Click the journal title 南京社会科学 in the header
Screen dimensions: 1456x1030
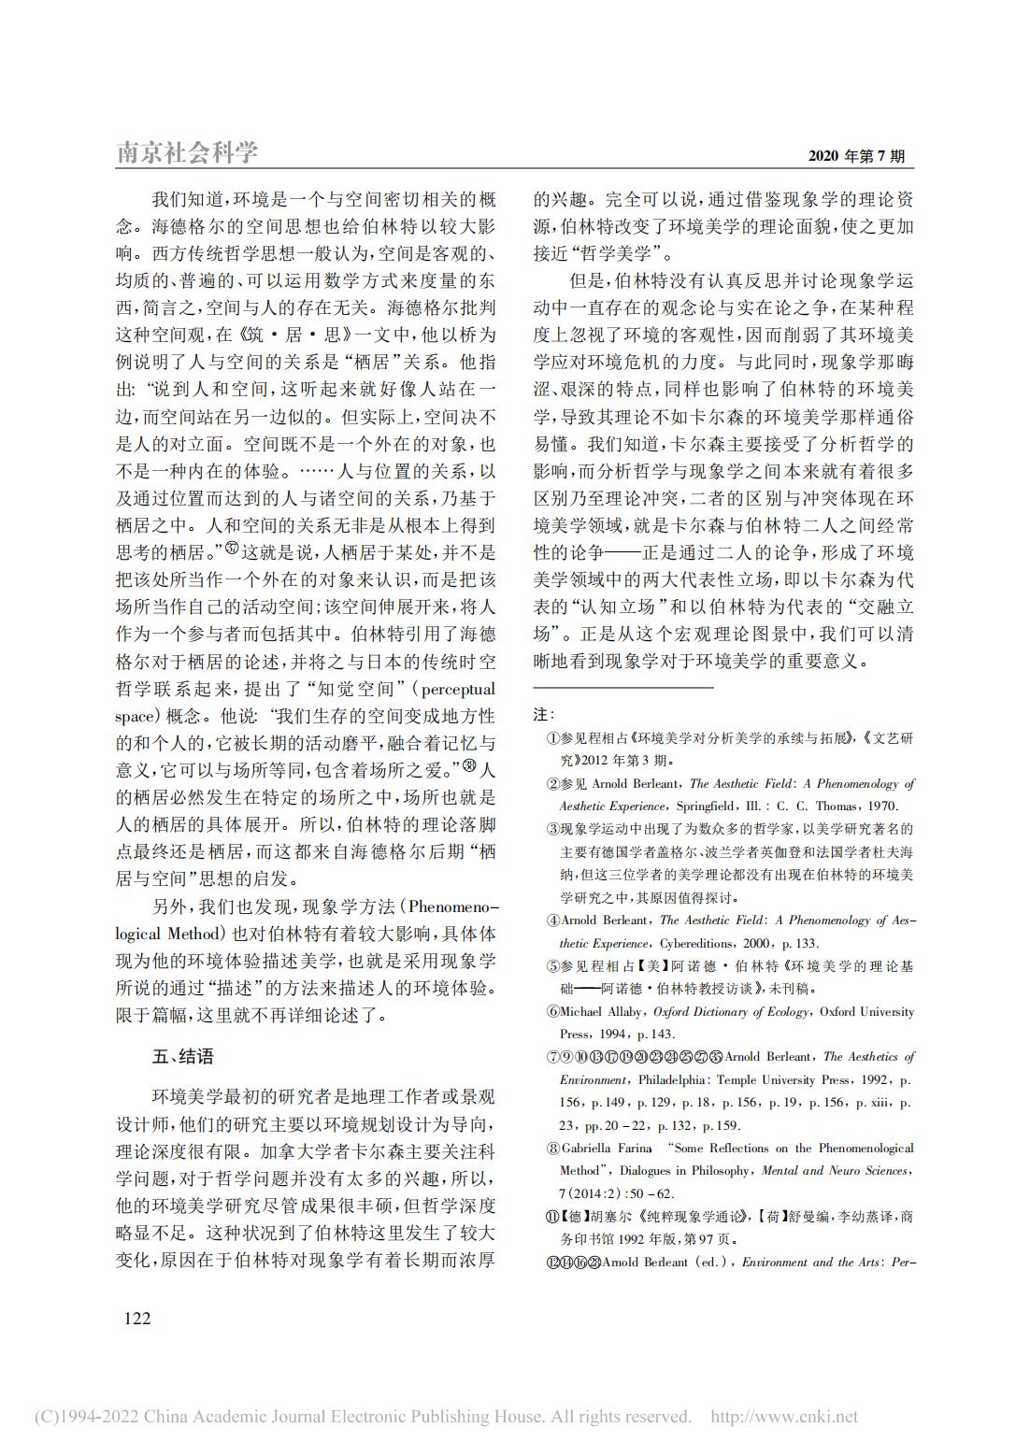[x=187, y=152]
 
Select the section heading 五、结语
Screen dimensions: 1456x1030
[x=183, y=1057]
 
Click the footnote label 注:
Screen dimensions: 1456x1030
[x=544, y=715]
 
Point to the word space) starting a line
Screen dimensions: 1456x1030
[x=134, y=717]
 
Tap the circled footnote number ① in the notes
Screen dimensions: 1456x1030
[x=552, y=739]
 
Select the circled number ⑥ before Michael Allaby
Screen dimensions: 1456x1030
[x=552, y=1012]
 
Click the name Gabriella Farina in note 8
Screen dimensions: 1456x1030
[x=608, y=1149]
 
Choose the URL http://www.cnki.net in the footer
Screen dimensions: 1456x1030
[x=784, y=1417]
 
